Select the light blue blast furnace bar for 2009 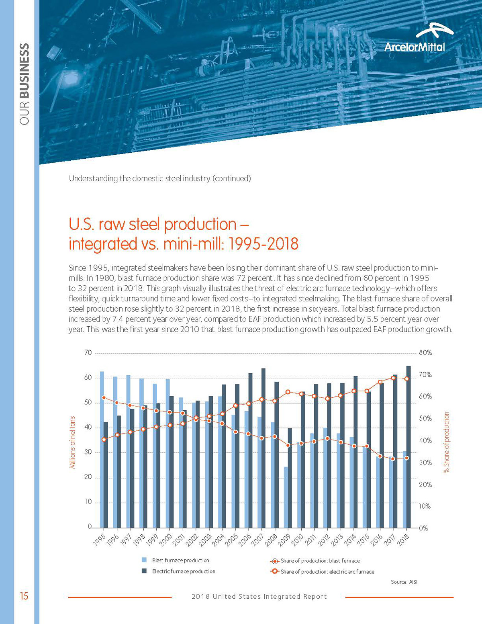[286, 497]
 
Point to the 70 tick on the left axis [88, 353]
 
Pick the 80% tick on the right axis [425, 353]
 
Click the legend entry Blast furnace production [180, 560]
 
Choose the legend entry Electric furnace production [184, 571]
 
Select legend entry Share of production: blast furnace [320, 561]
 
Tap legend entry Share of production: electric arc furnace [327, 571]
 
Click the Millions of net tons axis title [73, 442]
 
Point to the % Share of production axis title [446, 442]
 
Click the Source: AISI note [404, 582]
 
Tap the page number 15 [24, 596]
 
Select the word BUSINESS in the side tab [25, 71]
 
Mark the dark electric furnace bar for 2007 [263, 448]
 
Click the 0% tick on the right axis [423, 528]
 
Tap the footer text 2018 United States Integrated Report [259, 597]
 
